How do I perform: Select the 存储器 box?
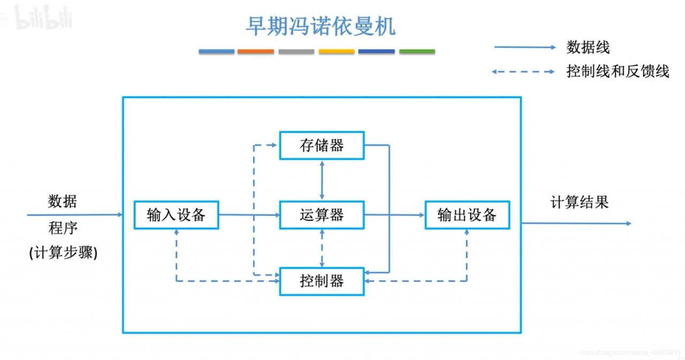(322, 145)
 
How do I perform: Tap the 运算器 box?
(322, 215)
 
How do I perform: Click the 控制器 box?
(322, 281)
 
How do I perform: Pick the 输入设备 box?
(176, 215)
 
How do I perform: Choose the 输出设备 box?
(467, 215)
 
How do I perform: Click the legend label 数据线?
(588, 48)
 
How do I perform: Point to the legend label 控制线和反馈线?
(618, 71)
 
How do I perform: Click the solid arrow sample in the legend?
(524, 48)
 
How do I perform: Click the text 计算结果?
(580, 203)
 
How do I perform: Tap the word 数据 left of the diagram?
(63, 202)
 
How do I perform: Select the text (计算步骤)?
(64, 253)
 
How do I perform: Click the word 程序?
(63, 228)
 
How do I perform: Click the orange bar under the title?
(256, 52)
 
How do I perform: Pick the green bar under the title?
(417, 52)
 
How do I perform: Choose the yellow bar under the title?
(336, 52)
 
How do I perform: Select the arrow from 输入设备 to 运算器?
(249, 215)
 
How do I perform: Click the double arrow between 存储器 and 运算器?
(322, 180)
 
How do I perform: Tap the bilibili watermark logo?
(43, 18)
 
